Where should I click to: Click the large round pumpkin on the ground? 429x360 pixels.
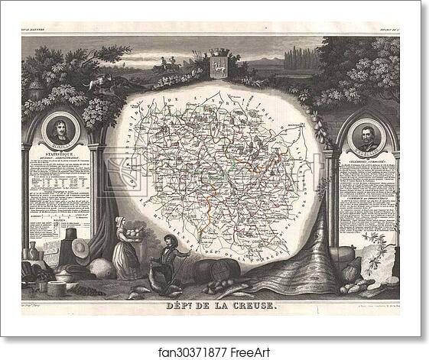coord(101,268)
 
